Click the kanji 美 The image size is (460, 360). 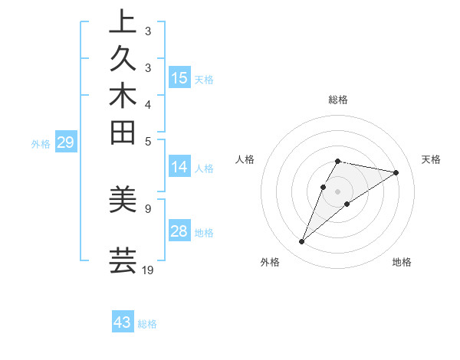123,199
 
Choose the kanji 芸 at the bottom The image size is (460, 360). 123,260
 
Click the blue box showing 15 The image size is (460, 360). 179,77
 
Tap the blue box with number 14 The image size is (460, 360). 179,168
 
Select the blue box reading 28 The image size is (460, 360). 179,231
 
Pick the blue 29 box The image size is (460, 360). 66,142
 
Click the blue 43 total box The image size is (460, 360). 123,322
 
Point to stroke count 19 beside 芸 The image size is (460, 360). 148,270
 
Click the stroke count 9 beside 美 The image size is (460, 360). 148,208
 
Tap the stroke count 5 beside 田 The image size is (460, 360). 148,141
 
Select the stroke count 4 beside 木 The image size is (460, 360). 148,104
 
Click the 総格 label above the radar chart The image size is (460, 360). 338,100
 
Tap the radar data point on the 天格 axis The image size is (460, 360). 396,172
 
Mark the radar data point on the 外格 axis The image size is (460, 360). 302,242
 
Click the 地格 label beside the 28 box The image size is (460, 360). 204,232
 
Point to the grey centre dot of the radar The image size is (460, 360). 338,191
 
